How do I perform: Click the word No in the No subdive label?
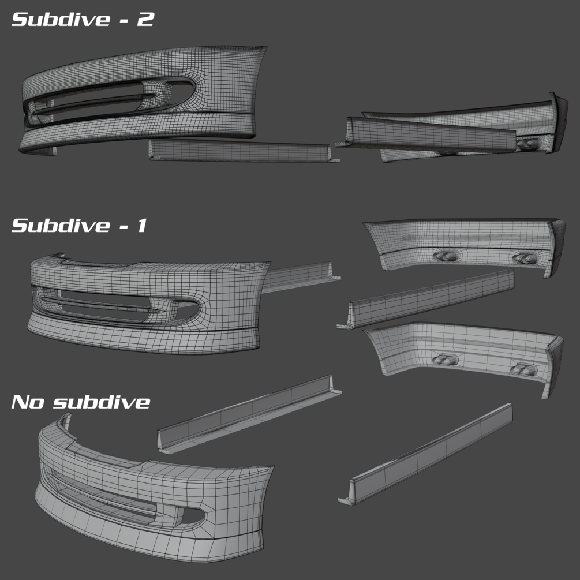click(28, 402)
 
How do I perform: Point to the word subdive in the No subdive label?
click(101, 402)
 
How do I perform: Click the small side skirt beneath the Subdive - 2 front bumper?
click(240, 151)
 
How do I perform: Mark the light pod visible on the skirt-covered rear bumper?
click(526, 143)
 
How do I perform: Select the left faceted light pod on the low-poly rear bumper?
click(444, 360)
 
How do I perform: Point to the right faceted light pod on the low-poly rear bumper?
click(523, 368)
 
